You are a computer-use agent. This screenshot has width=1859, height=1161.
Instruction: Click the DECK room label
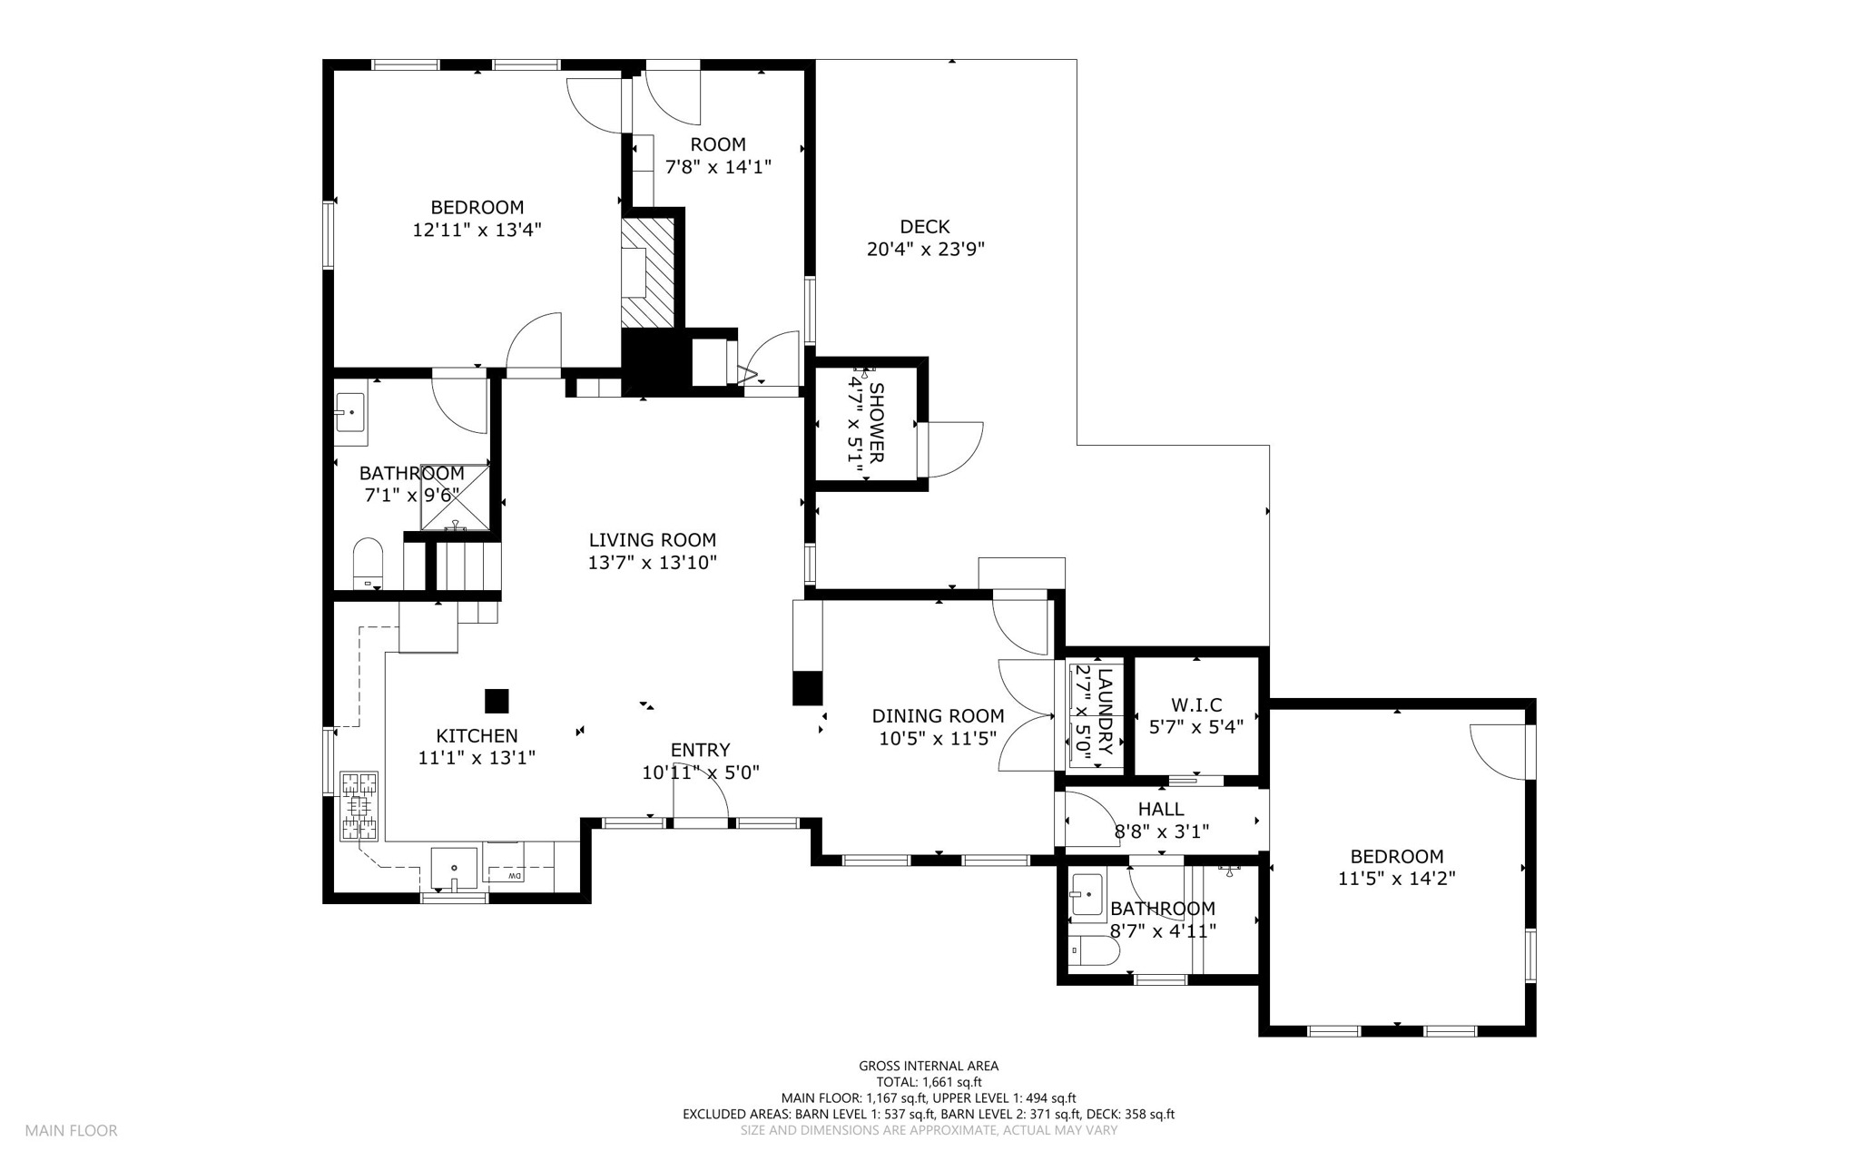[x=925, y=227]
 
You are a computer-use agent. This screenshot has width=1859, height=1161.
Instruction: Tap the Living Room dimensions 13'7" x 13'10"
[x=652, y=563]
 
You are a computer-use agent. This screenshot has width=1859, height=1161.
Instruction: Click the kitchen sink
[x=453, y=870]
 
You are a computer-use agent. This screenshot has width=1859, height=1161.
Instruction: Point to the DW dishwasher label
[x=514, y=876]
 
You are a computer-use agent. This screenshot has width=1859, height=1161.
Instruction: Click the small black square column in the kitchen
[x=497, y=701]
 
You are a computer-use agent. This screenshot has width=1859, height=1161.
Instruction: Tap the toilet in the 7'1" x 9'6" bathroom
[x=368, y=564]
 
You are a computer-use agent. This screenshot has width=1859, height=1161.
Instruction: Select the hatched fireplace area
[x=648, y=273]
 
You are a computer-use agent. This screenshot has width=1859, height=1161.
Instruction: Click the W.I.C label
[x=1196, y=705]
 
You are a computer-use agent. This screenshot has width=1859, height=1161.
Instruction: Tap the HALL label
[x=1161, y=809]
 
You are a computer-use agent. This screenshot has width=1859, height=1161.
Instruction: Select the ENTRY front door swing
[x=700, y=799]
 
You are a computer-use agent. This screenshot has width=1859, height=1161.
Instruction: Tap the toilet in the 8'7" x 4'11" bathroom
[x=1095, y=951]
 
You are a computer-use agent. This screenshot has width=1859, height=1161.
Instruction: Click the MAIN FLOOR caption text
[x=71, y=1131]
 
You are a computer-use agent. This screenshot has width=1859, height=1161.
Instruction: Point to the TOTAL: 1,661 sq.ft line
[x=929, y=1082]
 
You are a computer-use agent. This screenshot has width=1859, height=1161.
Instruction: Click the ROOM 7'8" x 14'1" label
[x=718, y=156]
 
